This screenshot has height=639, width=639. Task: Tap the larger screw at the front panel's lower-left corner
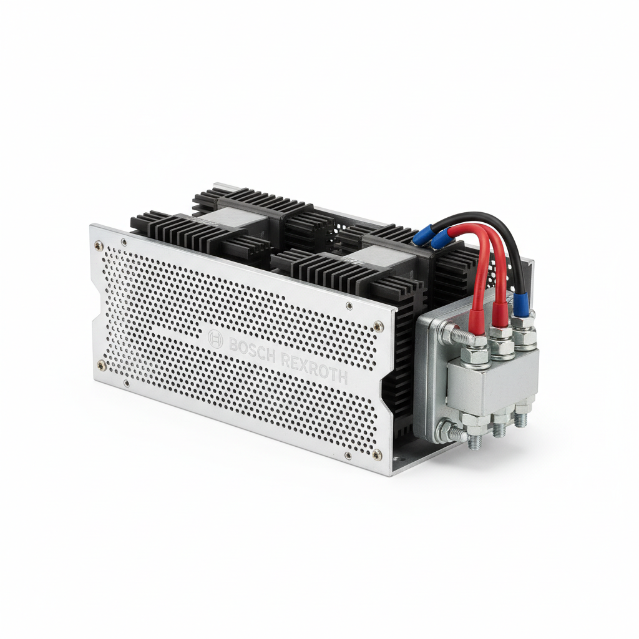pos(101,366)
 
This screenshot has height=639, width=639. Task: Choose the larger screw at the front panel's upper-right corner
pos(378,326)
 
